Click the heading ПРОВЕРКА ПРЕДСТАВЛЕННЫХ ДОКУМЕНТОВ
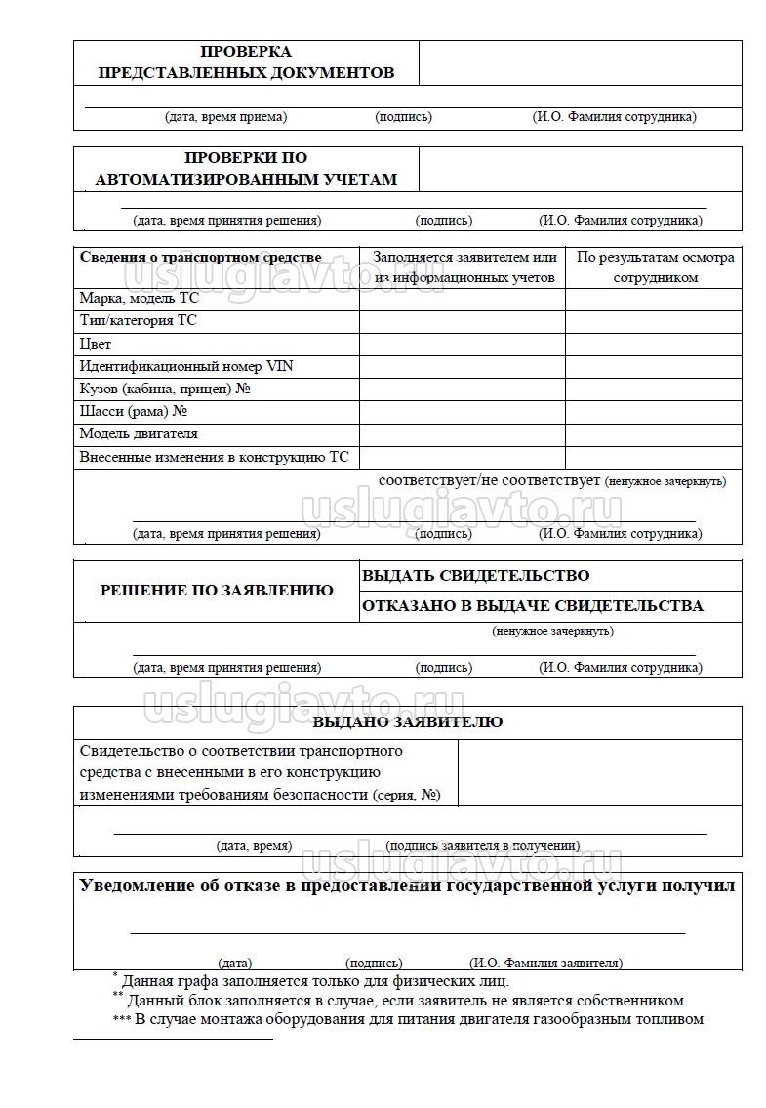click(x=246, y=62)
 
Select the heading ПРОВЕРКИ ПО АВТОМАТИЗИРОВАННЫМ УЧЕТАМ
click(x=246, y=169)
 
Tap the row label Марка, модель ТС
click(x=139, y=299)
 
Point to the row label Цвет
click(x=96, y=344)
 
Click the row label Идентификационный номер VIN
click(x=186, y=366)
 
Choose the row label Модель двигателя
click(x=139, y=434)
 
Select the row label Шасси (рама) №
click(x=134, y=412)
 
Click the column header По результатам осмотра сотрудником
click(x=655, y=267)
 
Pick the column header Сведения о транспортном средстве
click(x=200, y=258)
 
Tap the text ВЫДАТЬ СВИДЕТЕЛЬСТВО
click(x=475, y=576)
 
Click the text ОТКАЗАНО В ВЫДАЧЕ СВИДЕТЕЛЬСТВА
click(x=532, y=606)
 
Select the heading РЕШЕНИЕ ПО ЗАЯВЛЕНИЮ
click(x=217, y=591)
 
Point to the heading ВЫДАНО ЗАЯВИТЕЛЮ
click(x=407, y=723)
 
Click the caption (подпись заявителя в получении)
click(x=482, y=846)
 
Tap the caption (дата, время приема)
click(x=226, y=117)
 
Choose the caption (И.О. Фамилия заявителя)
click(x=545, y=964)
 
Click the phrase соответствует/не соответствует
click(x=489, y=481)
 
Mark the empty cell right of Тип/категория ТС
click(x=462, y=321)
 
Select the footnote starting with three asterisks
click(x=408, y=1020)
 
